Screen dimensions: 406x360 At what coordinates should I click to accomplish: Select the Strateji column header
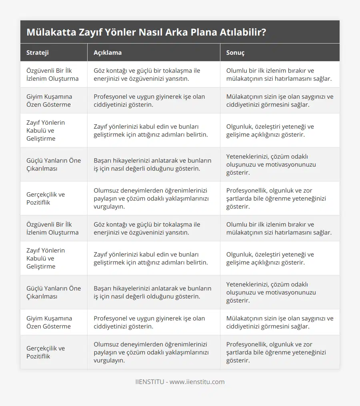(38, 53)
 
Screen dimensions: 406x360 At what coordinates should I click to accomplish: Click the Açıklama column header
(108, 53)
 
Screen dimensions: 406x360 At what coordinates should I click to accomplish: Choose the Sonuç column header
(235, 53)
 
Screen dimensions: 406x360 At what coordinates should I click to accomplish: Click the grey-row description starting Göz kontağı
(147, 229)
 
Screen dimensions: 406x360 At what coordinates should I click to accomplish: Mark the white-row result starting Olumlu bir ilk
(279, 75)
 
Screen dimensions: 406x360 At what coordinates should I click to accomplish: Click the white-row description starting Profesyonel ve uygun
(149, 322)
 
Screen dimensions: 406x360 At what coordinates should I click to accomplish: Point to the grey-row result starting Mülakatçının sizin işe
(280, 101)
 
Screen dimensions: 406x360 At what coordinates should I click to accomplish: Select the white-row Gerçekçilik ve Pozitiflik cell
(46, 199)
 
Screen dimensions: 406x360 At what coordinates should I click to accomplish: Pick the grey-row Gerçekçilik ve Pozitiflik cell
(46, 352)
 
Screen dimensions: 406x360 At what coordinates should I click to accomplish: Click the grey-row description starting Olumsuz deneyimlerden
(151, 352)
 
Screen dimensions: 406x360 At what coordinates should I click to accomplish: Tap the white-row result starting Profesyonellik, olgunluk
(276, 199)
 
